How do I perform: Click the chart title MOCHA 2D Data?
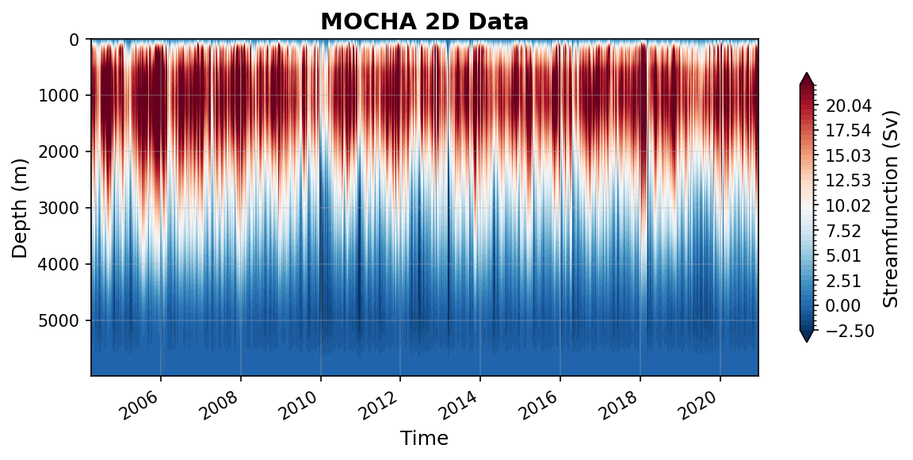pyautogui.click(x=424, y=21)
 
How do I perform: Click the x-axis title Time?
pyautogui.click(x=424, y=439)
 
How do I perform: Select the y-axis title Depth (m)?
pyautogui.click(x=20, y=207)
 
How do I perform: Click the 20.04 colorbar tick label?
pyautogui.click(x=847, y=106)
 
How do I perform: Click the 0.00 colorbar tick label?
pyautogui.click(x=847, y=305)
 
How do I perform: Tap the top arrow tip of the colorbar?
pyautogui.click(x=807, y=73)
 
